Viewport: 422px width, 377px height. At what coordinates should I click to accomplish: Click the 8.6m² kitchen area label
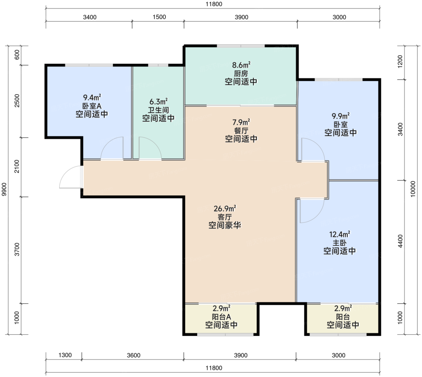coord(241,65)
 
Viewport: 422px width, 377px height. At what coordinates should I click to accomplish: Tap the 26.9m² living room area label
coord(225,209)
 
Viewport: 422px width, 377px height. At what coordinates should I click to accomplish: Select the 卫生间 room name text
coord(158,110)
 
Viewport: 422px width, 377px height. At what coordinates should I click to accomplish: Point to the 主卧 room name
coord(339,243)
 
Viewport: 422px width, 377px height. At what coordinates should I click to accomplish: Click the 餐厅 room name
coord(241,131)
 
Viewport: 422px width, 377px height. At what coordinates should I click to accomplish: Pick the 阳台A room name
coord(222,317)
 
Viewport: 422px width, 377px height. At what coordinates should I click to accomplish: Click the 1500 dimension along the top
coord(159,17)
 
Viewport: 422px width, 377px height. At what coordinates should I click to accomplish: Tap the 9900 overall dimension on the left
coord(4,189)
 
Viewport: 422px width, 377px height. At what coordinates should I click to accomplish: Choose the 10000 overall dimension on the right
coord(413,189)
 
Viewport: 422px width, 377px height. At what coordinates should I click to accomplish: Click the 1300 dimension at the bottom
coord(65,355)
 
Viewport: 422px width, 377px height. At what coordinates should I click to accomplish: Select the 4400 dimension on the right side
coord(400,241)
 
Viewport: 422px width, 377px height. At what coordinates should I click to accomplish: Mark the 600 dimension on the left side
coord(17,54)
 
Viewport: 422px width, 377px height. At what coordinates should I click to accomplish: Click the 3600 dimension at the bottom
coord(134,355)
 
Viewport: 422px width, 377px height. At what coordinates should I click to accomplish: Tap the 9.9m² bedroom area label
coord(341,116)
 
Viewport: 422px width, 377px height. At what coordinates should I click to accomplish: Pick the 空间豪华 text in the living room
coord(225,225)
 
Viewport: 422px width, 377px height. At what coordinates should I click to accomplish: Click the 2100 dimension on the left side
coord(17,166)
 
